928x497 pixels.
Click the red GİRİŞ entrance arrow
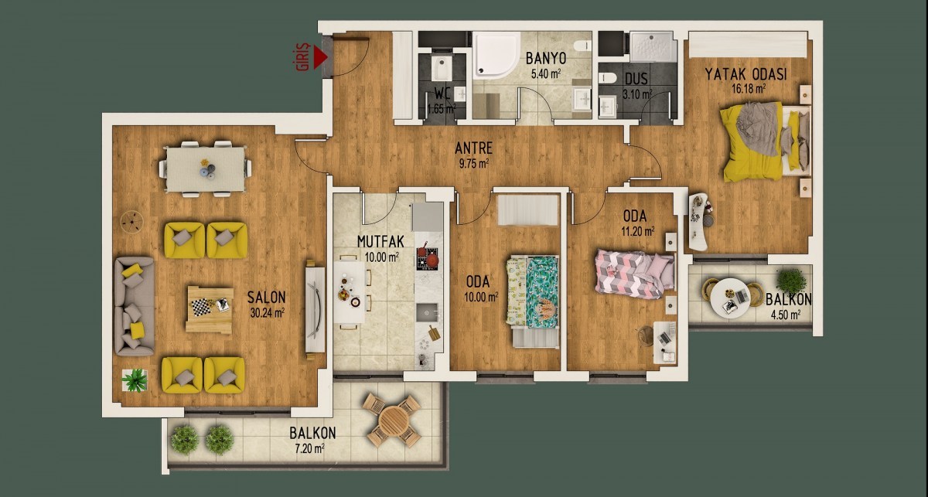[320, 57]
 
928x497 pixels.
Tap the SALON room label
[266, 298]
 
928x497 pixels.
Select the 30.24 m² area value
[268, 313]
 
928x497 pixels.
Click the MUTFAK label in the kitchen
[380, 241]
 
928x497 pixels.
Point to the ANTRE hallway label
[473, 148]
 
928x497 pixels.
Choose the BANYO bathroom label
[546, 59]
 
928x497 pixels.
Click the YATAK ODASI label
[745, 74]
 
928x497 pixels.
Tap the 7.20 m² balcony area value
[307, 448]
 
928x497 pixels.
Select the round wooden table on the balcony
[394, 420]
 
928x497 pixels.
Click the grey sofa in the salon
[135, 307]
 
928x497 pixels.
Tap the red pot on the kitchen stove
[432, 260]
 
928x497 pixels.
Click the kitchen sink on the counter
[427, 313]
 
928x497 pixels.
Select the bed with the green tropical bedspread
[533, 291]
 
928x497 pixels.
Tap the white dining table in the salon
[206, 169]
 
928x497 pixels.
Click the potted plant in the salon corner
[135, 380]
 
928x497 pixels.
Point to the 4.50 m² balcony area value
[785, 315]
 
